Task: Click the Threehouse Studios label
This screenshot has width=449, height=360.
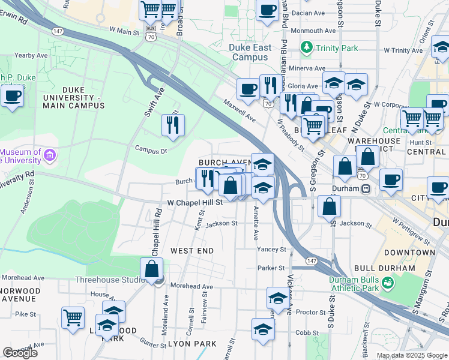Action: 110,280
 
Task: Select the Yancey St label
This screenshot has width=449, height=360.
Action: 271,249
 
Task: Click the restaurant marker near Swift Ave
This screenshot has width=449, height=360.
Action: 173,125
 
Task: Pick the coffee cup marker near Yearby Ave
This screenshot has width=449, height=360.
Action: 12,95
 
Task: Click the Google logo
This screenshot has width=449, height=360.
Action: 20,353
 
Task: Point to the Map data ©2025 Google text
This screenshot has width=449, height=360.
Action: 412,355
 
